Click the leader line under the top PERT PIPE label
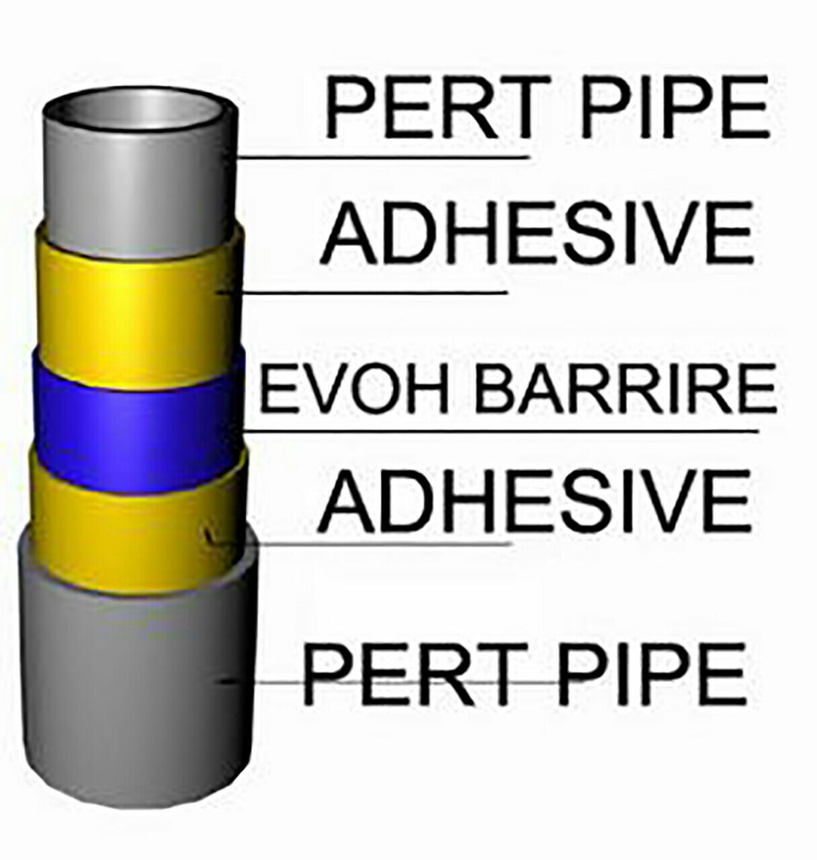pyautogui.click(x=383, y=159)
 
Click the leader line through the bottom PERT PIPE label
pyautogui.click(x=269, y=681)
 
